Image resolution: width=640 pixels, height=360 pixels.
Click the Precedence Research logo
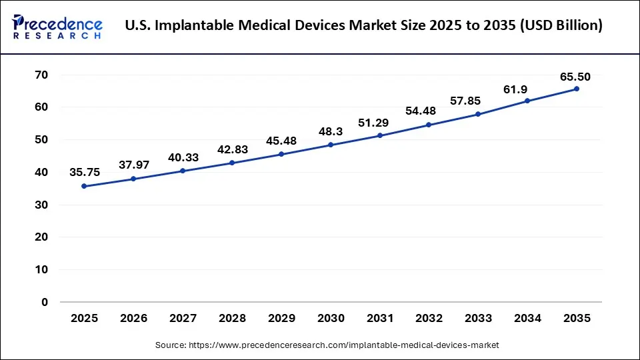[57, 26]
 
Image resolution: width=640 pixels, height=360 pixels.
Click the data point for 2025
[84, 186]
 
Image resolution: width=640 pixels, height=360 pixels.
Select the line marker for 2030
[331, 145]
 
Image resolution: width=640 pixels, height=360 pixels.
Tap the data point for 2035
[577, 89]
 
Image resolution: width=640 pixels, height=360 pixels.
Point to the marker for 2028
[232, 163]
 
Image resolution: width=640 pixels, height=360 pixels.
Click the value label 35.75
[85, 172]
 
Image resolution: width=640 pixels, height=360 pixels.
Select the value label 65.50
[575, 77]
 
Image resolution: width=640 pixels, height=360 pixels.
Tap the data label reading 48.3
[331, 131]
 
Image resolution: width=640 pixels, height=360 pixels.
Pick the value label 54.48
[429, 111]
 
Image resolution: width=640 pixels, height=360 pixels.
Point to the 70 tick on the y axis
[41, 75]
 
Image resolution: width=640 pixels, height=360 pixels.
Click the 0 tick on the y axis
[45, 302]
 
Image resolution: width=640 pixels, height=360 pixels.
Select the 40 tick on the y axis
[41, 172]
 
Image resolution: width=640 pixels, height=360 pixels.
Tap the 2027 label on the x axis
[183, 319]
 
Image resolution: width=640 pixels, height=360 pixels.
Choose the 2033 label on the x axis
[478, 319]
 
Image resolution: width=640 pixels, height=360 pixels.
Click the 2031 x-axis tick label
[380, 319]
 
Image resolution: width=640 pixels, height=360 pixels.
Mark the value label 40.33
[183, 157]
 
